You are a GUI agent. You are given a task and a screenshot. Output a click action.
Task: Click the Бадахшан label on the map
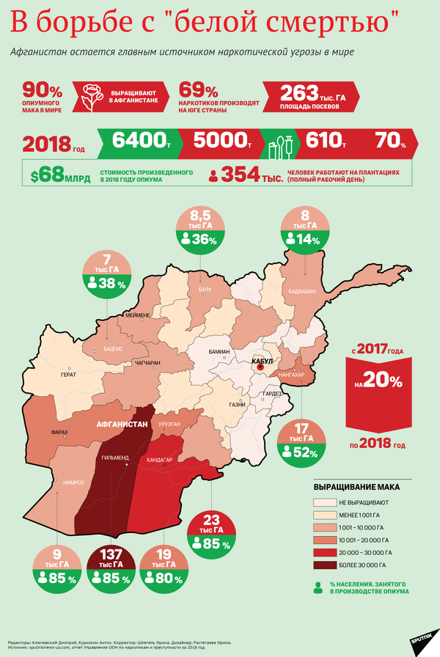302,291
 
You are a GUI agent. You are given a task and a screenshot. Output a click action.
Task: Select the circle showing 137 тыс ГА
111,569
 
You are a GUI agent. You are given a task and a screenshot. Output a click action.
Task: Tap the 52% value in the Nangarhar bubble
305,453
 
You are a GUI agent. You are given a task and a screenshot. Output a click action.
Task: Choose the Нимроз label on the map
73,482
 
